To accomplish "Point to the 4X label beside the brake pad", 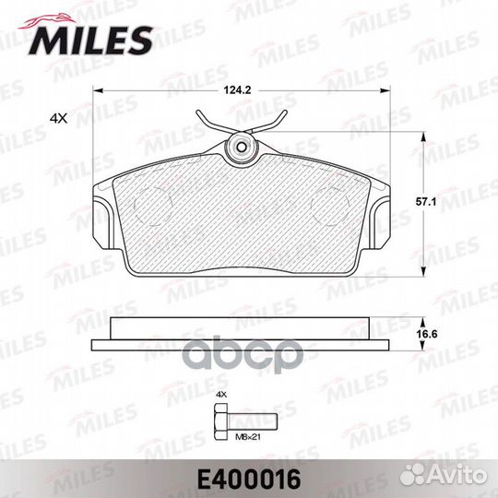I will pyautogui.click(x=59, y=117).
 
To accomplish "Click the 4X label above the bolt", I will pyautogui.click(x=220, y=394).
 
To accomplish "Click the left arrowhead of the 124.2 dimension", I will pyautogui.click(x=97, y=89).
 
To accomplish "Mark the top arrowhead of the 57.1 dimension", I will pyautogui.click(x=423, y=135).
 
